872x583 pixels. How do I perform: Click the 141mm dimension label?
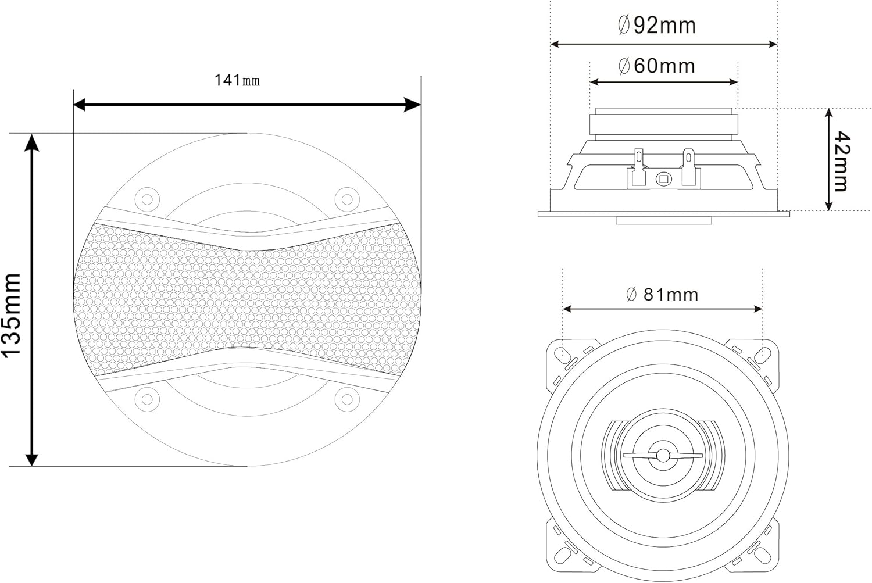(x=237, y=81)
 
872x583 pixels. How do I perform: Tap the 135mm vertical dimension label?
(x=11, y=315)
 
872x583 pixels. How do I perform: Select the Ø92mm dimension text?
(x=657, y=26)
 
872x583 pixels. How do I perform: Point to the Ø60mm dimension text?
(x=657, y=66)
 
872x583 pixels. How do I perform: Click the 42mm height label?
(x=842, y=161)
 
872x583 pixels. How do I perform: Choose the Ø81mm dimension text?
(x=662, y=295)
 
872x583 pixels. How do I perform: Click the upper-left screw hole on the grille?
(x=147, y=199)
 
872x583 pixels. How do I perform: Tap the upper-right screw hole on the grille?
(x=347, y=199)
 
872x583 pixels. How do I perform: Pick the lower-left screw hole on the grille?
(x=147, y=399)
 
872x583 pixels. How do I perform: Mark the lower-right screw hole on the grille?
(x=347, y=399)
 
